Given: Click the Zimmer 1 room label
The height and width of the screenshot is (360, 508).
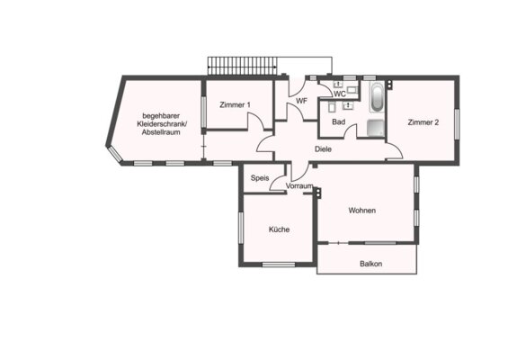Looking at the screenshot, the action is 235,104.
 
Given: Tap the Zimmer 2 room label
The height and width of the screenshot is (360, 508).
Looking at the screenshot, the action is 423,122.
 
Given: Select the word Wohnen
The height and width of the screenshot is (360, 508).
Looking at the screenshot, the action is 361,211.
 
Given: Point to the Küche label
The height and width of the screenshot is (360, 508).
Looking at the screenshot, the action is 279,229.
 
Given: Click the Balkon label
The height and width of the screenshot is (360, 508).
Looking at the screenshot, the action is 370,264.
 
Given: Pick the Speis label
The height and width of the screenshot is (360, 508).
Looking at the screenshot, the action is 260,178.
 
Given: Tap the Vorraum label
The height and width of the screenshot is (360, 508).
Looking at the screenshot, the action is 299,185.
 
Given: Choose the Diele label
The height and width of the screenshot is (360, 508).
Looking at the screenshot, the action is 323,149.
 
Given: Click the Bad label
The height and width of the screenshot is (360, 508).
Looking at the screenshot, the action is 339,121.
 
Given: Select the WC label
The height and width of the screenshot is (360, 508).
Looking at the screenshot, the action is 340,94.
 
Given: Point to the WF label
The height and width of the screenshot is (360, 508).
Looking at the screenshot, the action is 301,101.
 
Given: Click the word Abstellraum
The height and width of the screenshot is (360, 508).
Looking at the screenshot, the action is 161,132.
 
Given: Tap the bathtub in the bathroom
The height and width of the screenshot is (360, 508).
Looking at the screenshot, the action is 377,97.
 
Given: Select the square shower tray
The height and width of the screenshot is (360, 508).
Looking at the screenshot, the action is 376,129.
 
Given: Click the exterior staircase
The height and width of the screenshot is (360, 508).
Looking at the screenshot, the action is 243,67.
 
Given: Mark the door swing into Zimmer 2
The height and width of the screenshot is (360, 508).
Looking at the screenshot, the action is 395,150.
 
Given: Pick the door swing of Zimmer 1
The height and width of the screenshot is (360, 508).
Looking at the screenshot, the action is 256,121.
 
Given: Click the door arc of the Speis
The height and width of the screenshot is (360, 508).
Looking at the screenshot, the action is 277,184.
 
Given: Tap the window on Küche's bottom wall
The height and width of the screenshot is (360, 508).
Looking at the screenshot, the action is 279,265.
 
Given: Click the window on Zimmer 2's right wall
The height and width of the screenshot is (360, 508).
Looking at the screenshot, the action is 457,124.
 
